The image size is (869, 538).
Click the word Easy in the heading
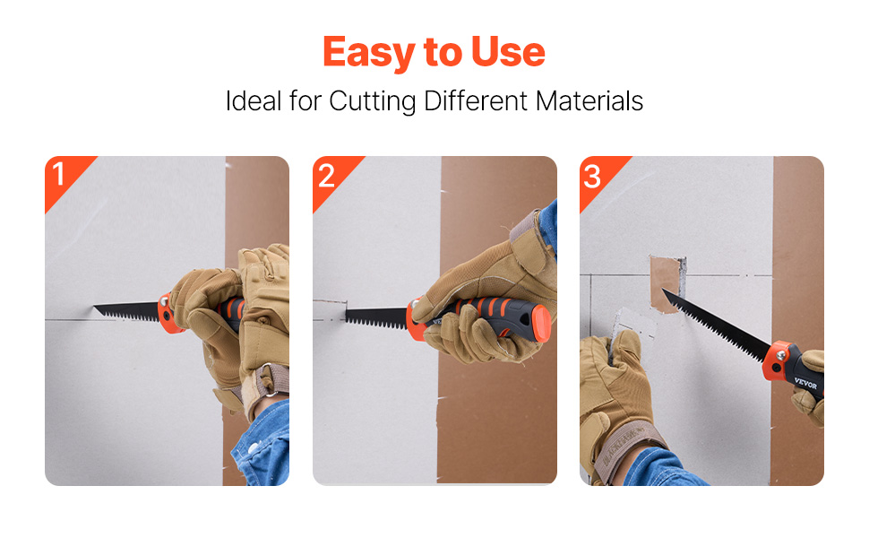tap(369, 53)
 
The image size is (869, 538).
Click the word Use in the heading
tap(508, 52)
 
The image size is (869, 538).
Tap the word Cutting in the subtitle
tap(372, 101)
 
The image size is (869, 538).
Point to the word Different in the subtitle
tap(476, 101)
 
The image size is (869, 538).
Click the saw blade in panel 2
tap(376, 318)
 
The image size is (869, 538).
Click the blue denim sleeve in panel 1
tap(263, 446)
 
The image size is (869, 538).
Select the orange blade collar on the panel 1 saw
tap(168, 313)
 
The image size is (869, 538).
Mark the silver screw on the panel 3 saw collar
tap(779, 353)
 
